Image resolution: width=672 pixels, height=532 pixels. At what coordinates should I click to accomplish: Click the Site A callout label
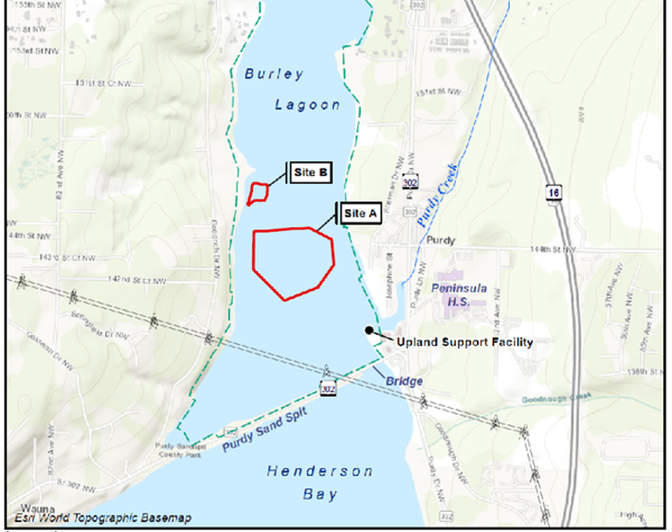[360, 214]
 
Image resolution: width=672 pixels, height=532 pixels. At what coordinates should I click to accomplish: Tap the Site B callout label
[310, 173]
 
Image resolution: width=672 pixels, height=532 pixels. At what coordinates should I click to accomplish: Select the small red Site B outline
[258, 193]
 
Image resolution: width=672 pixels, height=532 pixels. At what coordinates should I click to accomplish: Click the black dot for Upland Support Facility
[369, 330]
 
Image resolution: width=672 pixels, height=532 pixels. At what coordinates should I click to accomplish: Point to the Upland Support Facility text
[465, 342]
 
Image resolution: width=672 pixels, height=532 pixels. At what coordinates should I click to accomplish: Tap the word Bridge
[404, 381]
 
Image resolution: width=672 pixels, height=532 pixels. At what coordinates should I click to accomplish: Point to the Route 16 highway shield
[554, 192]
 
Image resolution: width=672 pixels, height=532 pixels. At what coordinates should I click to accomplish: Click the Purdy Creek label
[437, 196]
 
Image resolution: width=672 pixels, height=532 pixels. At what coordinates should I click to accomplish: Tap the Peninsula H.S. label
[459, 294]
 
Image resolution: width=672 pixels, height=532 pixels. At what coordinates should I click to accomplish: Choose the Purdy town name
[440, 241]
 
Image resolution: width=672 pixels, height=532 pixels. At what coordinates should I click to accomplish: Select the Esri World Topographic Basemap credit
[103, 518]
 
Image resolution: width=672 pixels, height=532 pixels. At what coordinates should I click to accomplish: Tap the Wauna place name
[38, 508]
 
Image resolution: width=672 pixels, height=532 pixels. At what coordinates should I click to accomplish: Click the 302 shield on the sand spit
[328, 389]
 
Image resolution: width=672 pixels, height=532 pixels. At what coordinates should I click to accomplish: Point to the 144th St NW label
[552, 249]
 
